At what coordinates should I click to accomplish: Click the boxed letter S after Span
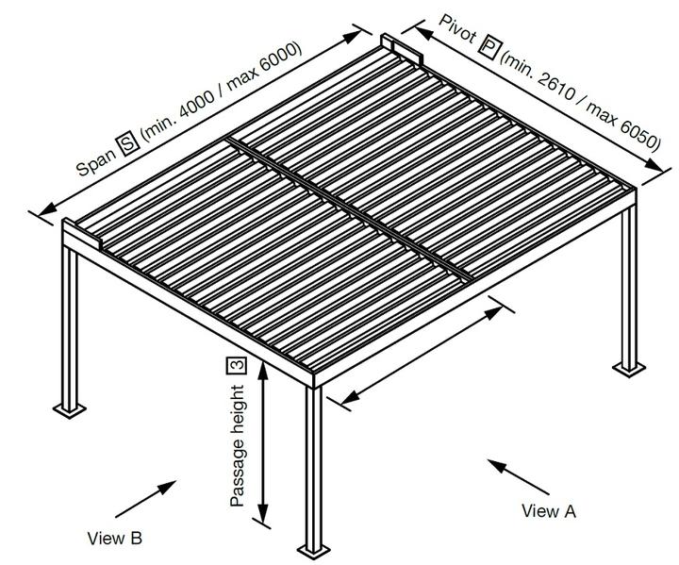(x=126, y=145)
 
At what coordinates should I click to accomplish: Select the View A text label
(x=548, y=511)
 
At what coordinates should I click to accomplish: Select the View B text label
(x=114, y=539)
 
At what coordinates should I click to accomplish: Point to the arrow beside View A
(x=518, y=477)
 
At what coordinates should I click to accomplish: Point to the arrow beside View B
(x=147, y=497)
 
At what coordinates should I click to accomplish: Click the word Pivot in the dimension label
(x=457, y=30)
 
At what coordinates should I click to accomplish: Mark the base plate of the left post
(x=68, y=408)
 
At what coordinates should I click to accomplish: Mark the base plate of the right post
(x=628, y=366)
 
